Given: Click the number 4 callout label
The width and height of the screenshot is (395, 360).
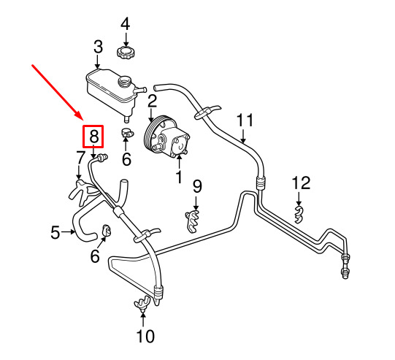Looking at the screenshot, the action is click(125, 24).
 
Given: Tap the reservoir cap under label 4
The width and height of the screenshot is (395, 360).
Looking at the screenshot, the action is click(125, 53).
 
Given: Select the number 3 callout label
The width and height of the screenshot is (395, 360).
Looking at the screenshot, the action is click(99, 47).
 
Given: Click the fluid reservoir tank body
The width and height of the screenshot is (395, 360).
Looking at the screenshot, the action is click(111, 88).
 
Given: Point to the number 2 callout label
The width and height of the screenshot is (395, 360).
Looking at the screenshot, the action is click(152, 101).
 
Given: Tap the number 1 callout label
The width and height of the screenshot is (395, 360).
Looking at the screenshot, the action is click(179, 177).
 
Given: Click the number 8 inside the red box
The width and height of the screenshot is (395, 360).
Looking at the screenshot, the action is click(93, 137).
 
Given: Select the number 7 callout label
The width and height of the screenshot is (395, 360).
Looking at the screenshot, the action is click(80, 158).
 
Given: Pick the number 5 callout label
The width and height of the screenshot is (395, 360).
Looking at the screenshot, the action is click(55, 232).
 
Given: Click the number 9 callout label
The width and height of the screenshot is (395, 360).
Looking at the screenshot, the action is click(197, 186).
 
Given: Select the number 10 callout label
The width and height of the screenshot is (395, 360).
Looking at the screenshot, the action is click(146, 336).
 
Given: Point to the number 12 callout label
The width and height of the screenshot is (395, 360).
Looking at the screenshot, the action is click(301, 183).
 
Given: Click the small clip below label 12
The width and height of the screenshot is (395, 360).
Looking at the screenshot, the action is click(299, 214).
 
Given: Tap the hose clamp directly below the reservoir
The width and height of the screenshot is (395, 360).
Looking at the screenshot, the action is click(127, 132).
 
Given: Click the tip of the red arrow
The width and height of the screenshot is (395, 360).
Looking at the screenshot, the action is click(83, 120).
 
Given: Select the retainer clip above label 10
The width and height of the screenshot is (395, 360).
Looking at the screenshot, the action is click(142, 303).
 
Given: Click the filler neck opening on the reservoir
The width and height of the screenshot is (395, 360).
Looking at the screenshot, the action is click(124, 81).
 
